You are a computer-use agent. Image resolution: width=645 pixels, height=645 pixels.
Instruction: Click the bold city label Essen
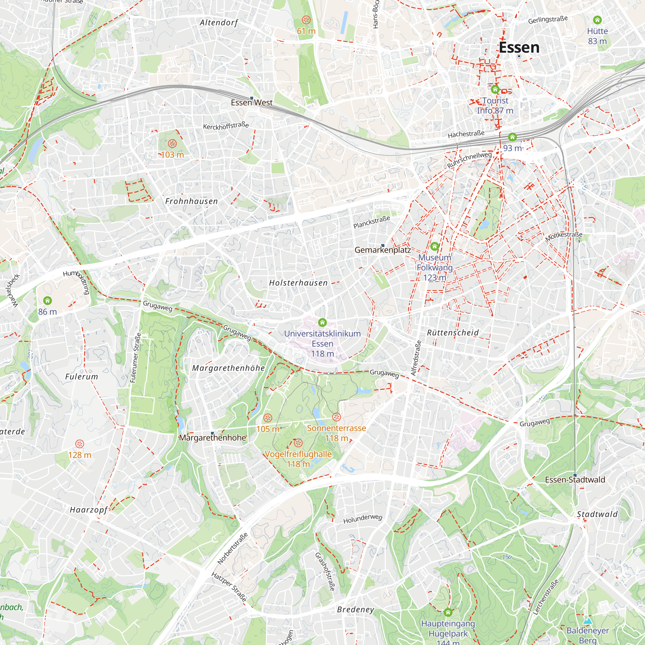coord(519,47)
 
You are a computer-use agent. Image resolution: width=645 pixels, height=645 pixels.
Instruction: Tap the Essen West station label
coord(252,103)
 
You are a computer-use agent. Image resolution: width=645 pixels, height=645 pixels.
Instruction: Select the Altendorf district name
coord(219,23)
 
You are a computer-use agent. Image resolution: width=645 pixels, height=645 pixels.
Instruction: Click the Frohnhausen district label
coord(191,201)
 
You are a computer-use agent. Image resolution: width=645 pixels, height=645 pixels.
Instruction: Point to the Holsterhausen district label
coord(298,283)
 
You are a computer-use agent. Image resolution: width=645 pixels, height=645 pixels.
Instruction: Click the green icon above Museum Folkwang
coord(434,247)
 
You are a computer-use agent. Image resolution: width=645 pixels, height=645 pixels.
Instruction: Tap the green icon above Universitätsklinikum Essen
coord(322,322)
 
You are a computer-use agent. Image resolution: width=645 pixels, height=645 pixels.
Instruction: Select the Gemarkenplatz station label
coord(382,250)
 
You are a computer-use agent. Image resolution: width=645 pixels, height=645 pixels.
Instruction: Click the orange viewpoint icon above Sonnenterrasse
coord(336,417)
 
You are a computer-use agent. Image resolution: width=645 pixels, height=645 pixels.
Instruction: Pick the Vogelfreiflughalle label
coord(298,454)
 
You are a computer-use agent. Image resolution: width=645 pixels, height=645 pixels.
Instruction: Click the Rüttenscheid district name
coord(453,333)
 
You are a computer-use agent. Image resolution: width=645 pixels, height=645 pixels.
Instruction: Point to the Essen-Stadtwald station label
coord(575,480)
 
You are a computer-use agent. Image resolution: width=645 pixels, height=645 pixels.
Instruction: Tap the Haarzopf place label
coord(88,510)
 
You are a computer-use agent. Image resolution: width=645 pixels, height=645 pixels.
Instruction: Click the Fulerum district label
coord(82,377)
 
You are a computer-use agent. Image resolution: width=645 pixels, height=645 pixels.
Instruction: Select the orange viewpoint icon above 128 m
coord(79,444)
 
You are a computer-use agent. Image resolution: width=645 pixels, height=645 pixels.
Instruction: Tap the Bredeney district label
coord(355,610)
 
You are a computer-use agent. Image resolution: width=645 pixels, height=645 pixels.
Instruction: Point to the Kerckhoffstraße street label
coord(226,126)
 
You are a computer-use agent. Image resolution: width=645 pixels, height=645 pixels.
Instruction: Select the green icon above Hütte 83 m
coord(597,20)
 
